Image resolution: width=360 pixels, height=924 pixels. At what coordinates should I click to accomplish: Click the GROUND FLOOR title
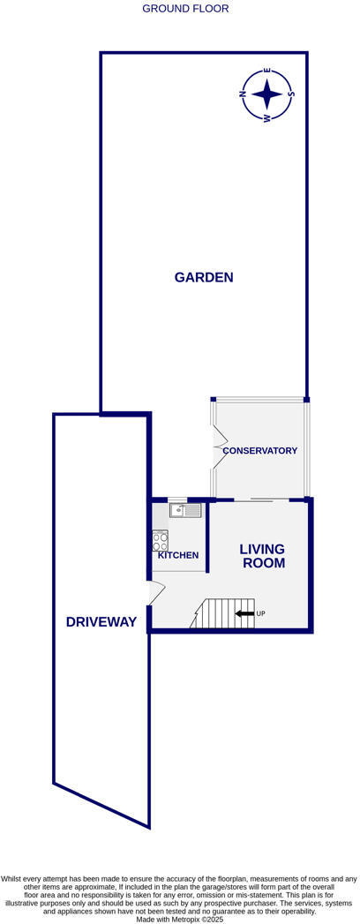pos(185,9)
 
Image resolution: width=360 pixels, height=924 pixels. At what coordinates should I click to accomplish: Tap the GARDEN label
pos(203,277)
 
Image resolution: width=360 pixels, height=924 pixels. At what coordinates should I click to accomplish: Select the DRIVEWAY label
pos(101,622)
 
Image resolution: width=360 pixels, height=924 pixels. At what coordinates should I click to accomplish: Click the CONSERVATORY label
pos(259,451)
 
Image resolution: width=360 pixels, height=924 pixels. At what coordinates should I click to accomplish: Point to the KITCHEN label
pos(177,555)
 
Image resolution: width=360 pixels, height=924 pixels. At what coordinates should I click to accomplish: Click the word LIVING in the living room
pos(262,549)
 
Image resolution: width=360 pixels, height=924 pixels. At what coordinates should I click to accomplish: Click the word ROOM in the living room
pos(262,563)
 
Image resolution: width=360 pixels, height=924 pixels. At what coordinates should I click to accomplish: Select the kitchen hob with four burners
pos(160,540)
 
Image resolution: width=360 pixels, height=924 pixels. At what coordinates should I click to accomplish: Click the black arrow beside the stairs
pos(244,613)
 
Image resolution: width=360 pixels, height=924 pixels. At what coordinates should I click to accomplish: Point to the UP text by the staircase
pos(260,613)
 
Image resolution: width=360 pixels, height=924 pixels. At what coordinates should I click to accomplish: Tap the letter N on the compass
pos(244,92)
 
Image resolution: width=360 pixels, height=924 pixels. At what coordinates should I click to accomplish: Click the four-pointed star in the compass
pos(267,93)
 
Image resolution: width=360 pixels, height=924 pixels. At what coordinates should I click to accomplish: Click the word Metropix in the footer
pos(190,919)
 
